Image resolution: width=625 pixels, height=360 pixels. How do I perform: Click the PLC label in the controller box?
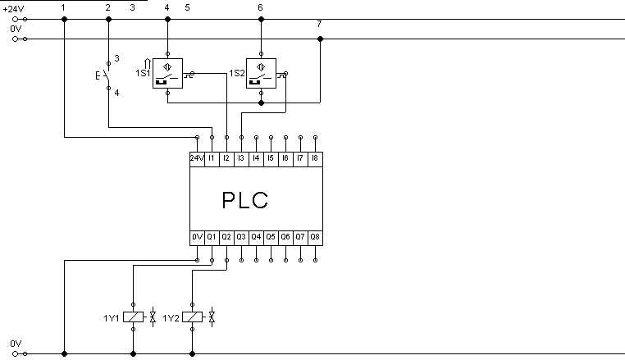[244, 200]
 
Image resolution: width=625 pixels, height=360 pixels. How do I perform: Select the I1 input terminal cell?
[212, 159]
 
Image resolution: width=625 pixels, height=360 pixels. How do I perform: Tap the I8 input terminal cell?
[315, 159]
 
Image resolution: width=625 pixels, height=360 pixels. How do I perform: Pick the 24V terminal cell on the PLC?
[197, 159]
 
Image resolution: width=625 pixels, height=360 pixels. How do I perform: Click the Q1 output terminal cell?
[212, 238]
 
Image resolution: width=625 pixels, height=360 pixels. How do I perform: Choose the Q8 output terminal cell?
[315, 238]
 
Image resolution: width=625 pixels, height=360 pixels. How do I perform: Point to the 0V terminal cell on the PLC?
[197, 238]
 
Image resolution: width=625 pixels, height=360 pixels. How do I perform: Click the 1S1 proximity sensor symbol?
[168, 73]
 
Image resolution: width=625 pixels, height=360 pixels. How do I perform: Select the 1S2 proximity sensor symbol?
[261, 73]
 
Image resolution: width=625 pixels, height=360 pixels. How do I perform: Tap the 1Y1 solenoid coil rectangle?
[133, 317]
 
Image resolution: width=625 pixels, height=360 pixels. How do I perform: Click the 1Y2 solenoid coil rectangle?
[192, 317]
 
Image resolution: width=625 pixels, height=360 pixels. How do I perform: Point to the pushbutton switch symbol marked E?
[105, 75]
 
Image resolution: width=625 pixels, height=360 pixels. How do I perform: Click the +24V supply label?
[14, 9]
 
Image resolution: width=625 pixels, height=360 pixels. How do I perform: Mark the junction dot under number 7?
[320, 39]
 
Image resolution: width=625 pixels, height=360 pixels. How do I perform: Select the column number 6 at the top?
[260, 7]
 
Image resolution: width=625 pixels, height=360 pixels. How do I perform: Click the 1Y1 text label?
[112, 318]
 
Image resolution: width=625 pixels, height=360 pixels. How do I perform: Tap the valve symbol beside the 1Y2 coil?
[212, 317]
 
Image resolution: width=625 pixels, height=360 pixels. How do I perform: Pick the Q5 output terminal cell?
[271, 238]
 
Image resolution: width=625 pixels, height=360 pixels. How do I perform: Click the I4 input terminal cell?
[256, 159]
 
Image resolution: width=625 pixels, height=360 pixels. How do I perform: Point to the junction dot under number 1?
[65, 19]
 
